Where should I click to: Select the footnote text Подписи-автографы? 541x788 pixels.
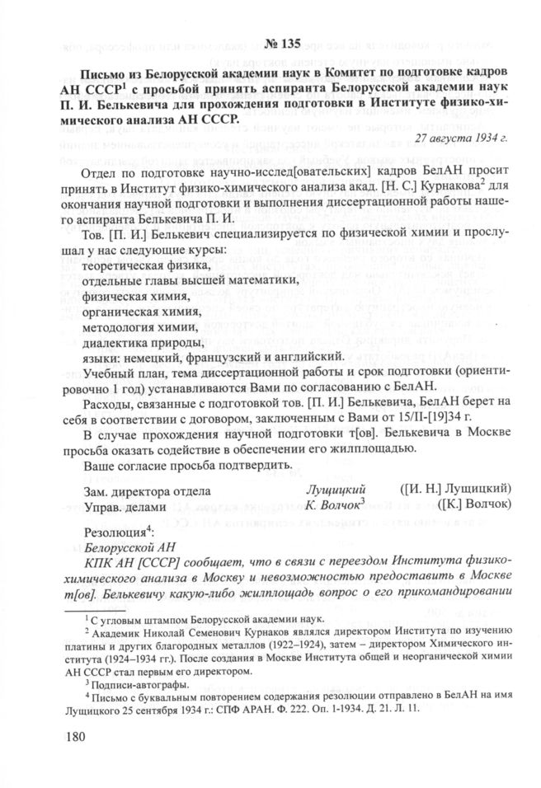pyautogui.click(x=144, y=682)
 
